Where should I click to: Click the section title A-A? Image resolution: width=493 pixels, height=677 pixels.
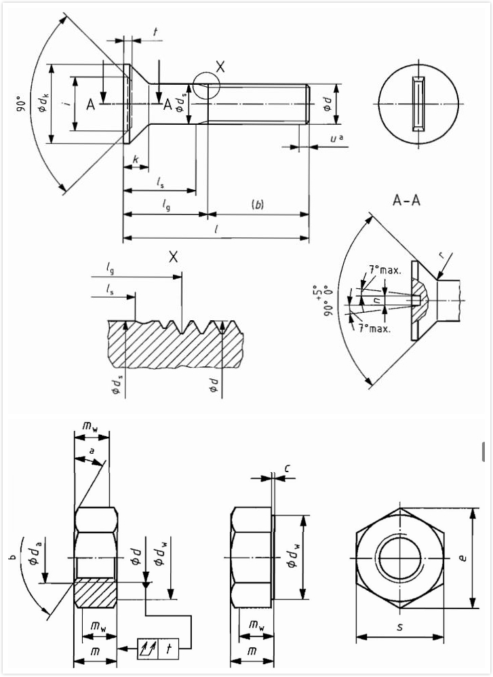(407, 200)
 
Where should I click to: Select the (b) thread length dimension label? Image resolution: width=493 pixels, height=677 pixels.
(257, 204)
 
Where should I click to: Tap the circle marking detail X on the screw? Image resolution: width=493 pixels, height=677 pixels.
(205, 86)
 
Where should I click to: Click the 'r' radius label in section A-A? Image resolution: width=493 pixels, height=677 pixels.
(441, 255)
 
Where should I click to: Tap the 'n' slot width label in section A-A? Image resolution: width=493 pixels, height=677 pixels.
(378, 298)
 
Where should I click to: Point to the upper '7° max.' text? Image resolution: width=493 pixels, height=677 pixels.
(384, 269)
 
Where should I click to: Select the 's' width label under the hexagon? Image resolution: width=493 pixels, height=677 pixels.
(400, 627)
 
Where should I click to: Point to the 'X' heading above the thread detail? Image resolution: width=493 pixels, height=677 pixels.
(173, 256)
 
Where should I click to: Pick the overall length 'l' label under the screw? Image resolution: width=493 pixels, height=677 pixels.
(216, 229)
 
